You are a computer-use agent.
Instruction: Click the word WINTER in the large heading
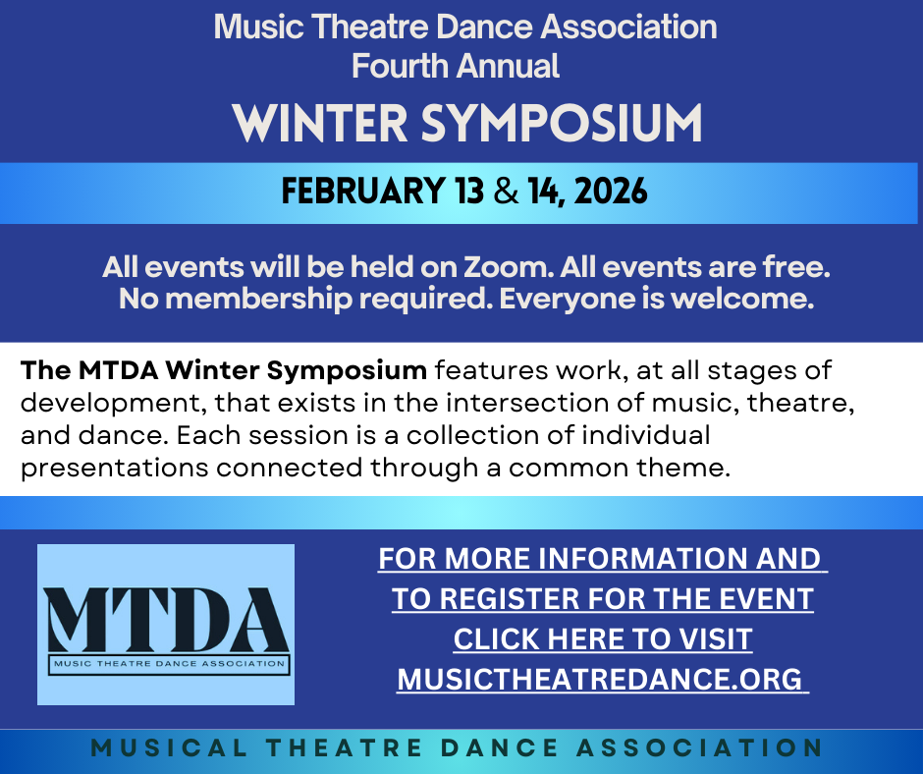[317, 123]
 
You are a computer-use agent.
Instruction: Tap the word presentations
[115, 467]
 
